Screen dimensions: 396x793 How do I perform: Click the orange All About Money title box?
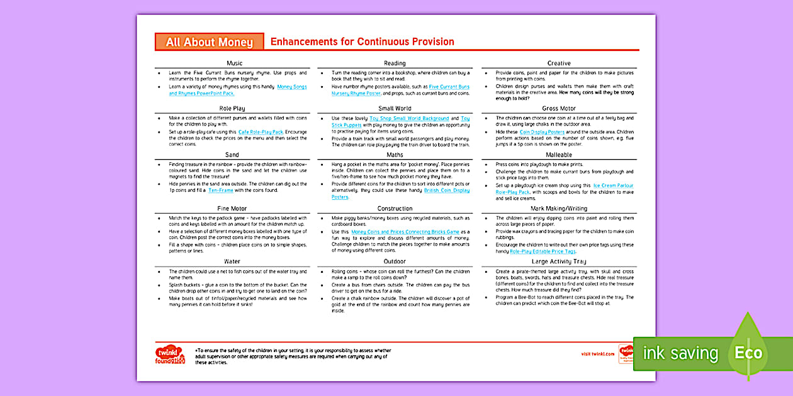pyautogui.click(x=209, y=42)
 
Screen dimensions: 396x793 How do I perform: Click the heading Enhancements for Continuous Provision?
pyautogui.click(x=362, y=42)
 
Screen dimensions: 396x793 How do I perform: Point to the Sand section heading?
pyautogui.click(x=232, y=155)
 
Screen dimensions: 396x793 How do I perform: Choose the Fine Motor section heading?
pyautogui.click(x=232, y=209)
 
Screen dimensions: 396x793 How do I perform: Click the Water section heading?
pyautogui.click(x=232, y=261)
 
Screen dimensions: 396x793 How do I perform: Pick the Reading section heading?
pyautogui.click(x=395, y=63)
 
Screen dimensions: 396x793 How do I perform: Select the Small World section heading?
pyautogui.click(x=395, y=109)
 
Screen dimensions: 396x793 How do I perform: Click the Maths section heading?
pyautogui.click(x=395, y=155)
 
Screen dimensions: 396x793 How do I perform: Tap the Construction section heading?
pyautogui.click(x=395, y=209)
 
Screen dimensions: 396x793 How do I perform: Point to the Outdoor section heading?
pyautogui.click(x=395, y=261)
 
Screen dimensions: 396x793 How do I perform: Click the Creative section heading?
pyautogui.click(x=559, y=63)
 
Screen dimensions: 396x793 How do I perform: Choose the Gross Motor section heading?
pyautogui.click(x=559, y=109)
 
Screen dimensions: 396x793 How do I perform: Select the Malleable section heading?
pyautogui.click(x=559, y=155)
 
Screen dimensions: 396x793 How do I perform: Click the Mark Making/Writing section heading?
pyautogui.click(x=559, y=209)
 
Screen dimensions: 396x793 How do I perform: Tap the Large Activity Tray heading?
pyautogui.click(x=559, y=261)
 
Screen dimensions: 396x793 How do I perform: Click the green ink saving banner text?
pyautogui.click(x=680, y=353)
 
